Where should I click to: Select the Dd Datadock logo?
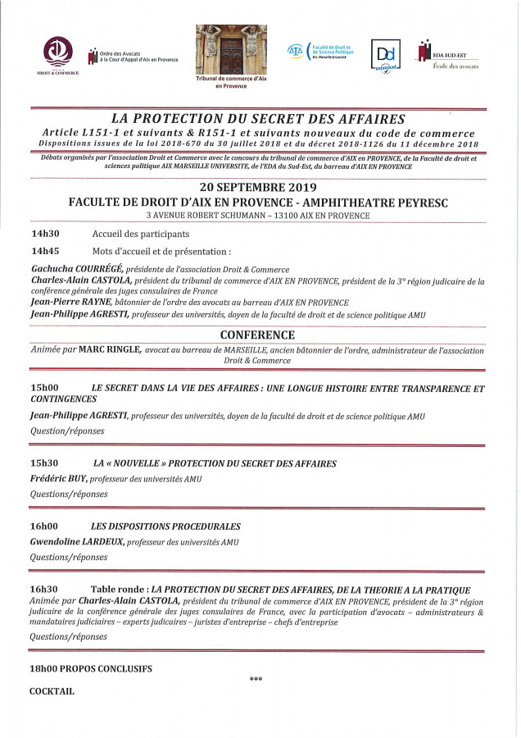384,56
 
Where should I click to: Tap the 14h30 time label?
46,234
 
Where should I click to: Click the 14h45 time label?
46,251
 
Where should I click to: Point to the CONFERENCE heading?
258,335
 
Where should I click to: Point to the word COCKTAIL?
52,691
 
